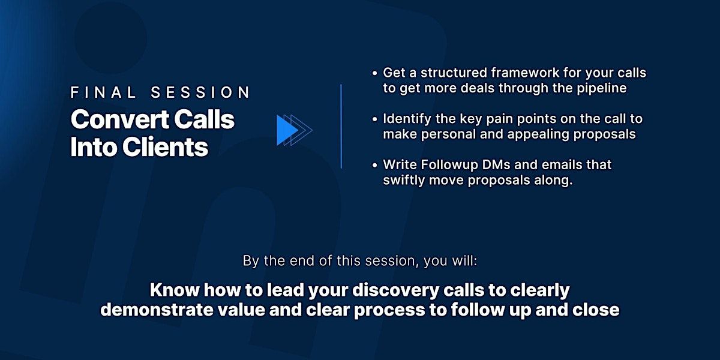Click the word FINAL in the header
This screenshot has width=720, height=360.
103,92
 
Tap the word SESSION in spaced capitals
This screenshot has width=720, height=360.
200,92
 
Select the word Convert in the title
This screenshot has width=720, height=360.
120,119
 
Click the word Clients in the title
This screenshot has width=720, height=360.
165,147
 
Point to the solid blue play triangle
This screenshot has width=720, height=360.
287,131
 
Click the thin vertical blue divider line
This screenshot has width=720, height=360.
341,127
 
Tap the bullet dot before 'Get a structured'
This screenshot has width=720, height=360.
374,74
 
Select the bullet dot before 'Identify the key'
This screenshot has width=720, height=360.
374,119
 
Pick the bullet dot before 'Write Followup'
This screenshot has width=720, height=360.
374,166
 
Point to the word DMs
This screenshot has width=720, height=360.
496,165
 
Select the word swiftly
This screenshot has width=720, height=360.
404,181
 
